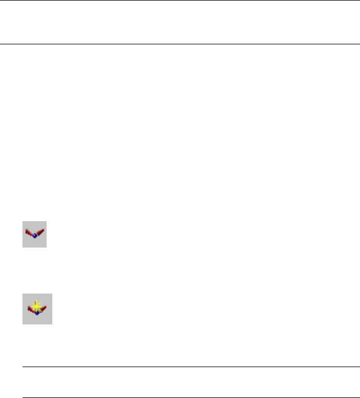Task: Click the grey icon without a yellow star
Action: (x=34, y=234)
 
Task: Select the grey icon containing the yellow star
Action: (x=37, y=308)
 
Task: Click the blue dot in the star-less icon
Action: (x=35, y=237)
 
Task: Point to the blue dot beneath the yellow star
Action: (x=37, y=313)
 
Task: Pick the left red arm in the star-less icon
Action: (x=29, y=233)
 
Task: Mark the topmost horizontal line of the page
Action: (x=180, y=1)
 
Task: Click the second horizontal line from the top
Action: (x=180, y=44)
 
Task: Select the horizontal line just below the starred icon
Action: (x=191, y=367)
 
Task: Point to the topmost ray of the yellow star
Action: (x=37, y=301)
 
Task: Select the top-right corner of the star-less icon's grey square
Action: (x=46, y=221)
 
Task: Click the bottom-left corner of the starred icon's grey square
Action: (x=23, y=323)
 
